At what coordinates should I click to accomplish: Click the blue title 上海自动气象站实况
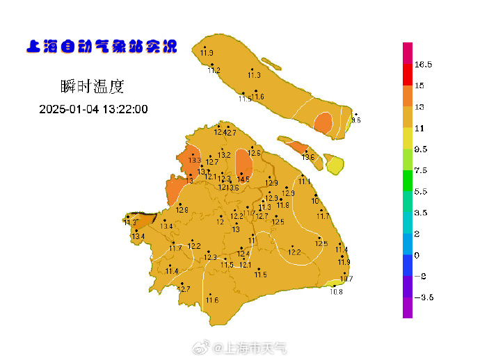(x=102, y=47)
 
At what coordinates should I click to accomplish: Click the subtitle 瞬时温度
(x=92, y=86)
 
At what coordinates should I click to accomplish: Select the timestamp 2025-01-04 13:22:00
(x=93, y=109)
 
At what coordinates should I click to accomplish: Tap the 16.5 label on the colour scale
(x=424, y=64)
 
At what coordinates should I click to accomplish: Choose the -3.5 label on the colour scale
(x=424, y=297)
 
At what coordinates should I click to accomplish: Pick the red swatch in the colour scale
(x=408, y=75)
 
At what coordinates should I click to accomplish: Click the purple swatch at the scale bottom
(x=408, y=308)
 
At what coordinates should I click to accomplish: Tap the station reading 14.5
(x=243, y=179)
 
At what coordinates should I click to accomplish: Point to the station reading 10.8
(x=336, y=292)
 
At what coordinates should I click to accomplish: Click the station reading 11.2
(x=214, y=70)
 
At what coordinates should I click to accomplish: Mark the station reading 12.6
(x=255, y=153)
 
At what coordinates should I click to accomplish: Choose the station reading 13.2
(x=224, y=155)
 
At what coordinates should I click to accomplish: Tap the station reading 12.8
(x=182, y=210)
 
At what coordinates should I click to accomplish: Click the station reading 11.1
(x=305, y=181)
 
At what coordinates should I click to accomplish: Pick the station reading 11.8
(x=282, y=205)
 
